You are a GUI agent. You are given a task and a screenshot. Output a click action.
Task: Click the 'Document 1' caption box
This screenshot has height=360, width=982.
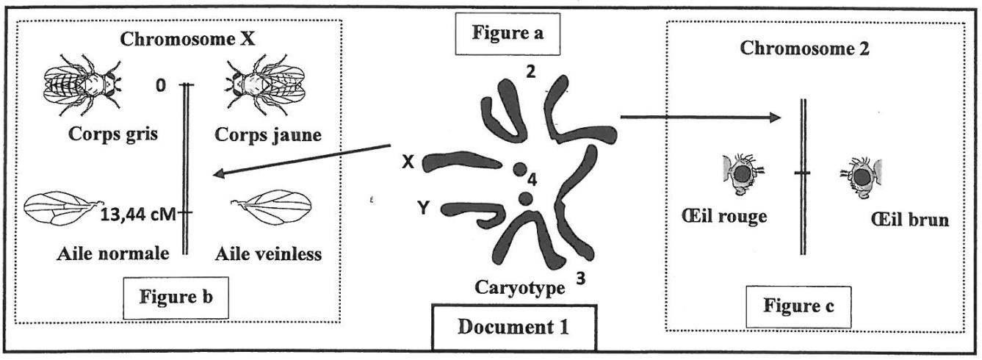pos(514,326)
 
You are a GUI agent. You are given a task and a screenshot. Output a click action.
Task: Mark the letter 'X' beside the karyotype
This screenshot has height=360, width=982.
pos(409,164)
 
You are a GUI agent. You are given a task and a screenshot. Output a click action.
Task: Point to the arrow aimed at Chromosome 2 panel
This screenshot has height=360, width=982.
pos(698,116)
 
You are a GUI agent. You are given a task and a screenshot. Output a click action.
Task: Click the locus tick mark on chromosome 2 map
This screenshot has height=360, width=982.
pos(804,173)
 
